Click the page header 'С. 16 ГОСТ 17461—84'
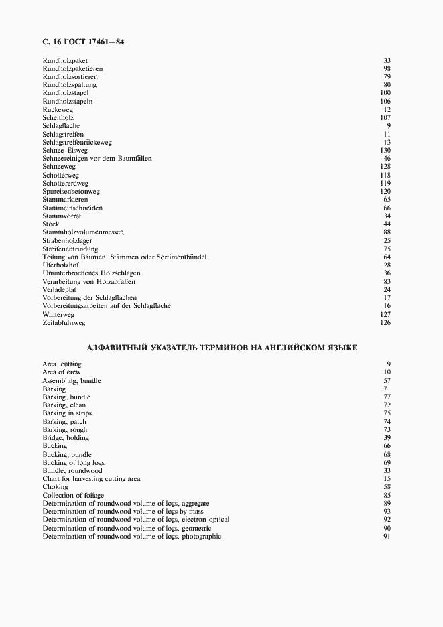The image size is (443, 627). coord(83,42)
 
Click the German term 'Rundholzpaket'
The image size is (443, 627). coord(65,60)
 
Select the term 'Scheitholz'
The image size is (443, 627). coord(58,117)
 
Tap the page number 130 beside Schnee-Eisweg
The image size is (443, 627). coord(385,150)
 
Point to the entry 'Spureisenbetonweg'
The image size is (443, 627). coord(71,191)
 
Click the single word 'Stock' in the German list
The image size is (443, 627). coord(51,224)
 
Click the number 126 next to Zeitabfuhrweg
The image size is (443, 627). coord(385,322)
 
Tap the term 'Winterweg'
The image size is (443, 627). coord(58,313)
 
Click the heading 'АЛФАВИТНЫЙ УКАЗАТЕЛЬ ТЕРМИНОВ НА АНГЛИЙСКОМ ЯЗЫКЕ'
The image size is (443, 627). coord(222,348)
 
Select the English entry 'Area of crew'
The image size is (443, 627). coord(62,372)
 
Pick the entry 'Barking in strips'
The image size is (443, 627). coord(68,413)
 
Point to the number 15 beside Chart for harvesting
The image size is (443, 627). coord(387,479)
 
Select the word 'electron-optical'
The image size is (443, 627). coord(204,520)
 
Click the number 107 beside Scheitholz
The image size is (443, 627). coord(385,117)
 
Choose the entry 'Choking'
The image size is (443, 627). coord(55,487)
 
